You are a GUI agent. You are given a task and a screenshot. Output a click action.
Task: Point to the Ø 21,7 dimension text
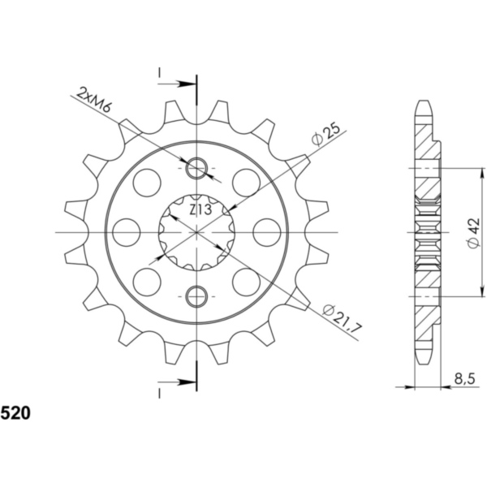pos(339,320)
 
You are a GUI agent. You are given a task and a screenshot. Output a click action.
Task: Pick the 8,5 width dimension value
pos(465,377)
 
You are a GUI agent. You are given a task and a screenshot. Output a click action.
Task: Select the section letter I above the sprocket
pos(161,75)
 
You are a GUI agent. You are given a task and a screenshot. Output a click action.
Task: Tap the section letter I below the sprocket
pos(161,392)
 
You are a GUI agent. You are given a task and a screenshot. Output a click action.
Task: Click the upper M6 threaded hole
pos(197,169)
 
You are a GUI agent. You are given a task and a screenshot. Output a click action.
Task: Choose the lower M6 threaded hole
pos(197,297)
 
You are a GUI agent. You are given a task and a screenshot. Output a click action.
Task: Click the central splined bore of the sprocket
pos(197,233)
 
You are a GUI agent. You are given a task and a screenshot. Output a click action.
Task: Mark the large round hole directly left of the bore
pos(127,233)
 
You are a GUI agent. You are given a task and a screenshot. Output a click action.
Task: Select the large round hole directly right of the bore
pos(267,233)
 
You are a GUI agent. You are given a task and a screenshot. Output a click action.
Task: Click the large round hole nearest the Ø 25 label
pos(246,183)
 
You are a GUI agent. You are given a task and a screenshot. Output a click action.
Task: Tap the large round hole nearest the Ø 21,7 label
pos(246,282)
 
